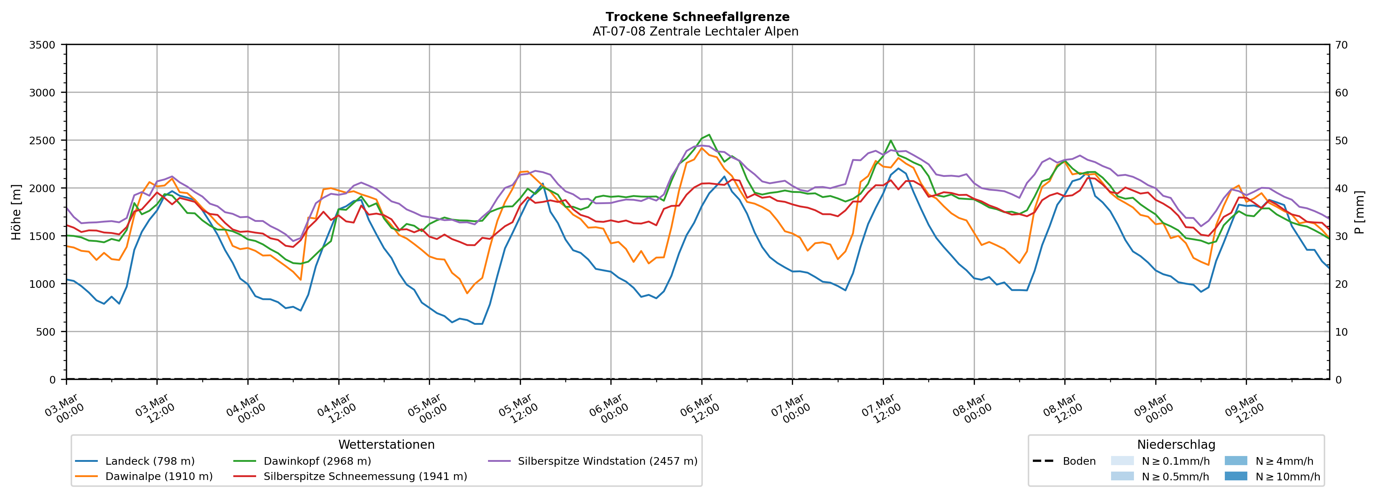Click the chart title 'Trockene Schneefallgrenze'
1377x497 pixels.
[697, 17]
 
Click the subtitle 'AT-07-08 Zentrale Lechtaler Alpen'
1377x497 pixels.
[695, 32]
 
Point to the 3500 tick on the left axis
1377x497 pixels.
[42, 45]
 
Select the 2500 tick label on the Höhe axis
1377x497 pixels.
[42, 141]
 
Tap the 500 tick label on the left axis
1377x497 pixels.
[46, 332]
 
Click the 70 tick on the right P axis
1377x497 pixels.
[1341, 45]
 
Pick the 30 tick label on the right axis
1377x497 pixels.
[1341, 236]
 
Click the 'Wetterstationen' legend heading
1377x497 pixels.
[387, 444]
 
